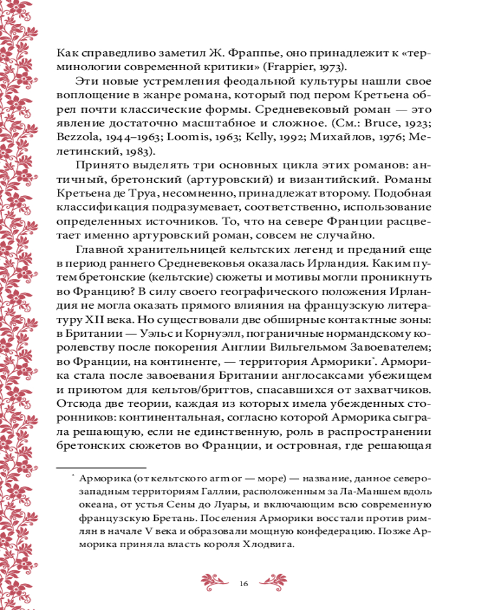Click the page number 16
tap(244, 583)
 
